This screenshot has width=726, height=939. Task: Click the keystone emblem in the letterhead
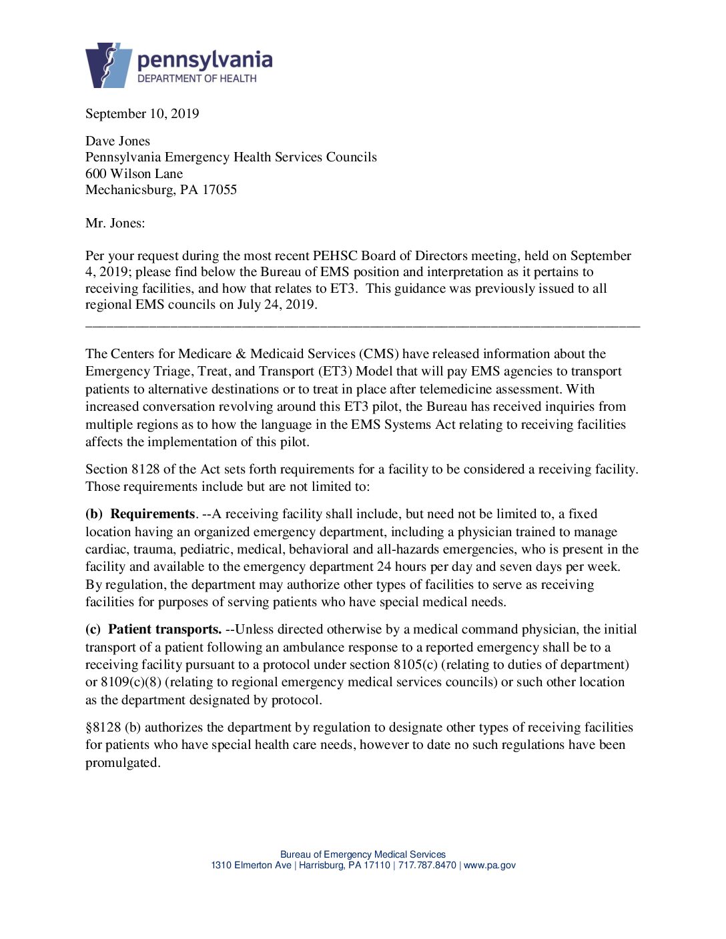108,65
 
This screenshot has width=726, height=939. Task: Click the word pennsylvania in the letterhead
204,61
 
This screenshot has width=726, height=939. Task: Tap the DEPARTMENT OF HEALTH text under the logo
197,79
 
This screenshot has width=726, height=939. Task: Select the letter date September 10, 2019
142,113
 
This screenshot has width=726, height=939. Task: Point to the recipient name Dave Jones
117,141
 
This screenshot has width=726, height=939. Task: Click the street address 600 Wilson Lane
134,173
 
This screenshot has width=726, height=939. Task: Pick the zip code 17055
220,189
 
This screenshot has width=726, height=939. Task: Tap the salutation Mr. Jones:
115,223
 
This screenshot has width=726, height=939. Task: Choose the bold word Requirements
152,514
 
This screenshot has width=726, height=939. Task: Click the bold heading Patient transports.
164,629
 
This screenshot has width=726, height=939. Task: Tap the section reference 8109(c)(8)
131,682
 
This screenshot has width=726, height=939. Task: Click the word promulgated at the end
122,762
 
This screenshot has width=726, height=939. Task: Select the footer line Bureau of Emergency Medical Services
362,854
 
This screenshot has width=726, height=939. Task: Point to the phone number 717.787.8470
427,865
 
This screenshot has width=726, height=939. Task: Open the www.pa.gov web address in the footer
489,865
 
